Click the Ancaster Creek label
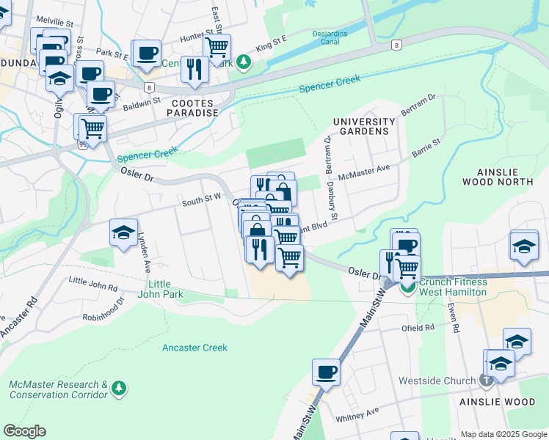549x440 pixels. click(194, 348)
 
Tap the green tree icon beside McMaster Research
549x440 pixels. click(118, 386)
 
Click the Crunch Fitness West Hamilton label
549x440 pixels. click(453, 287)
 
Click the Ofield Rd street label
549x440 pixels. click(418, 328)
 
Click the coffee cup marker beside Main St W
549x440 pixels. click(326, 371)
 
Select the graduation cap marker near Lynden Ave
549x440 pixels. click(123, 232)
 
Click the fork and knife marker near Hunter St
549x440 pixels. click(194, 69)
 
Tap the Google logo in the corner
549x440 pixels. click(24, 431)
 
